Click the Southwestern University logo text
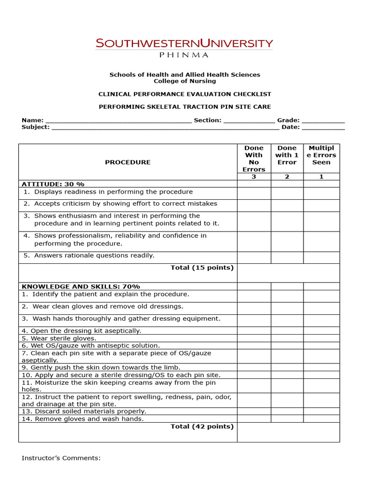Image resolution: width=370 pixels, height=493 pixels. click(x=185, y=43)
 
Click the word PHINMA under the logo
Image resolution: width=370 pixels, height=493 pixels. click(x=185, y=55)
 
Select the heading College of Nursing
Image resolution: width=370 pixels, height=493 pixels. click(x=185, y=81)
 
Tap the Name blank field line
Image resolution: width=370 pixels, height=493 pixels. click(x=118, y=121)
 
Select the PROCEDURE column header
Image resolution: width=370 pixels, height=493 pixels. click(x=128, y=162)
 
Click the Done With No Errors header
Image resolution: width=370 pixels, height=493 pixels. click(x=254, y=158)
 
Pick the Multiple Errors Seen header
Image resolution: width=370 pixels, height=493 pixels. click(x=321, y=155)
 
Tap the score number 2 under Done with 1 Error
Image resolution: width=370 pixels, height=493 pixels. click(x=287, y=177)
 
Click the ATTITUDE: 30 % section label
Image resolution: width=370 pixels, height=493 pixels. click(x=53, y=184)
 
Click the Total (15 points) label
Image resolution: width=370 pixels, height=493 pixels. click(x=202, y=268)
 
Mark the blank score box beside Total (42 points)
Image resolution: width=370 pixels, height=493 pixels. click(x=288, y=432)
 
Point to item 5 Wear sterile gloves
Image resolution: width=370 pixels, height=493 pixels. click(x=59, y=338)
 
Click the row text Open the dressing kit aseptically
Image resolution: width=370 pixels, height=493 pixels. click(x=81, y=331)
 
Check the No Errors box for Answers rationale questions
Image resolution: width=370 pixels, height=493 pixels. click(x=254, y=257)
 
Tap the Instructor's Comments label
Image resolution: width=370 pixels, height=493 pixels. click(x=61, y=458)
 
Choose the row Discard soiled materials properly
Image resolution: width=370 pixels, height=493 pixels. click(x=83, y=411)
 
